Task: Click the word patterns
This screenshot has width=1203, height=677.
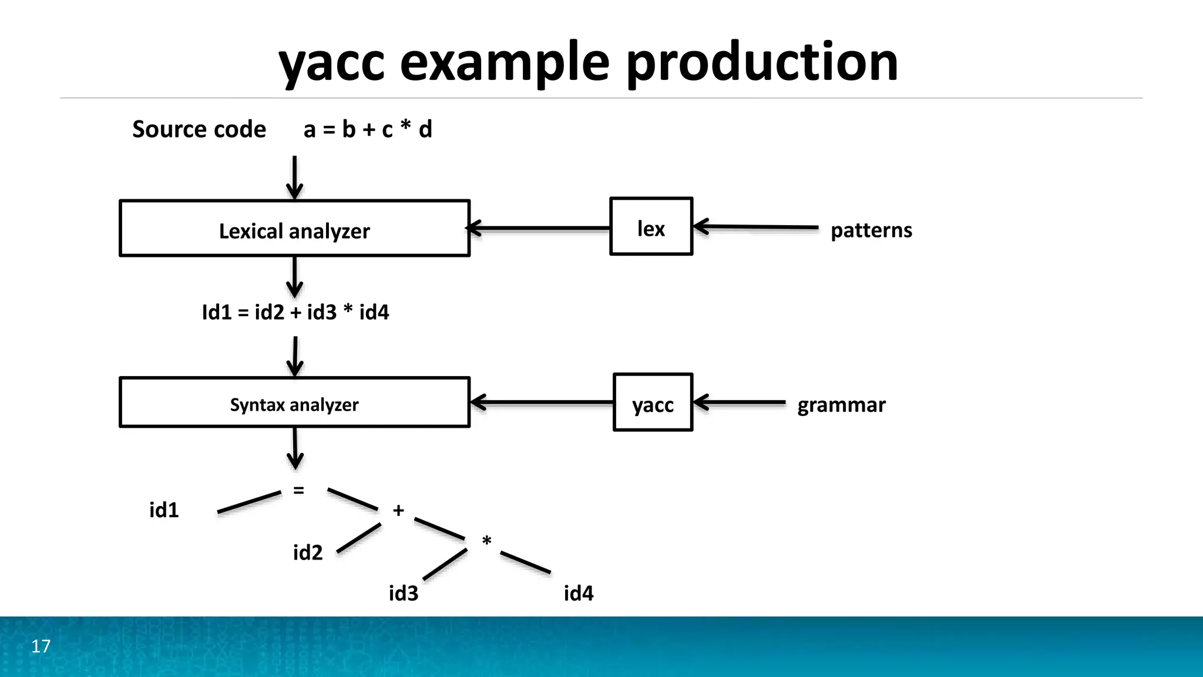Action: click(x=871, y=230)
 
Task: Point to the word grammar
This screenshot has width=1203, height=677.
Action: click(x=841, y=405)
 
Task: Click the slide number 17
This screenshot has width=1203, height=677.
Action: click(x=41, y=646)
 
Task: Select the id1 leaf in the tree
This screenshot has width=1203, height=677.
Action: click(x=164, y=510)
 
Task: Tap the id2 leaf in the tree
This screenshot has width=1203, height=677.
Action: click(x=308, y=553)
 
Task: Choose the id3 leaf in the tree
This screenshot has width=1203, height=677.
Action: click(x=404, y=594)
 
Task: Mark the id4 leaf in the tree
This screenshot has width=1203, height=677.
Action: click(x=579, y=594)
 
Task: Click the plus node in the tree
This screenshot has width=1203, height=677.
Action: click(x=398, y=510)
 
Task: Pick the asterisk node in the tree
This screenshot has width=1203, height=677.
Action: click(x=486, y=541)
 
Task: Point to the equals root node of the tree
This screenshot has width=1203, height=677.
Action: click(x=298, y=490)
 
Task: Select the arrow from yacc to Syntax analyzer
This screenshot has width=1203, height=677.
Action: click(x=542, y=403)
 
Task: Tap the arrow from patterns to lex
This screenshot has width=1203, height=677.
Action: click(x=755, y=226)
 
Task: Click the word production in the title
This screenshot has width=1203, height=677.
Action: click(x=762, y=62)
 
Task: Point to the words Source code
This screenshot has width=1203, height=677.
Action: click(x=199, y=129)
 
